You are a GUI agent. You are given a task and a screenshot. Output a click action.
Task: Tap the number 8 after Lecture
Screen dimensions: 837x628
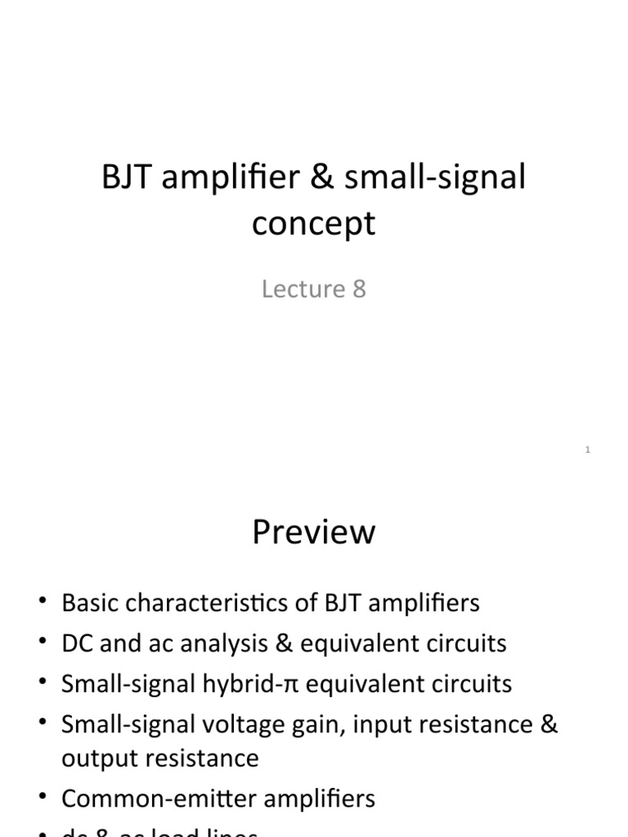[x=359, y=289]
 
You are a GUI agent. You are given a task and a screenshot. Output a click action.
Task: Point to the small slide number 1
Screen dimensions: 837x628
[x=588, y=450]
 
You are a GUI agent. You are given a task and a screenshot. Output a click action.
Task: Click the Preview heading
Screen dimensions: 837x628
[x=313, y=532]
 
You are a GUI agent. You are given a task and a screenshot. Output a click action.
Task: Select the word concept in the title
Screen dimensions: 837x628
[x=313, y=224]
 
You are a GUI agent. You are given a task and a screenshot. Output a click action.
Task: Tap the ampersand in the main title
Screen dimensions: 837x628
[x=323, y=178]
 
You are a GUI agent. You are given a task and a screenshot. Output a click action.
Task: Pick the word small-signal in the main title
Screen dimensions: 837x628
[x=435, y=178]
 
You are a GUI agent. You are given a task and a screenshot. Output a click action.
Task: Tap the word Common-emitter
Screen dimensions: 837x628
[x=155, y=799]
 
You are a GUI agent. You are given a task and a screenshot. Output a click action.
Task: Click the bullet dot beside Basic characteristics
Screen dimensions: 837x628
[x=42, y=604]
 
